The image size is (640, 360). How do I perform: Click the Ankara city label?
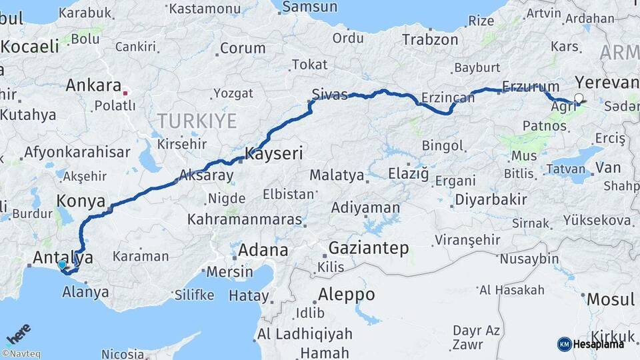click(93, 85)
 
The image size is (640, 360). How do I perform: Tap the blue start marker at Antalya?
click(62, 265)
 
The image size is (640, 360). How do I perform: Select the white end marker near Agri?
click(578, 99)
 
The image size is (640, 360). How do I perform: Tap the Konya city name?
click(81, 201)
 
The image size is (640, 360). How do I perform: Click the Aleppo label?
click(346, 294)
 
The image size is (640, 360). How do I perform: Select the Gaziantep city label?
click(368, 249)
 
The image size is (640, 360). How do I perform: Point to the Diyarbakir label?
click(491, 199)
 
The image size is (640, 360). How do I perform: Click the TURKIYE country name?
click(197, 121)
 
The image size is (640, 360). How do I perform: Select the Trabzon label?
click(431, 40)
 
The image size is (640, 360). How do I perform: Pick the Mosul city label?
click(611, 299)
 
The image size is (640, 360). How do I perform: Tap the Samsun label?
click(309, 7)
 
